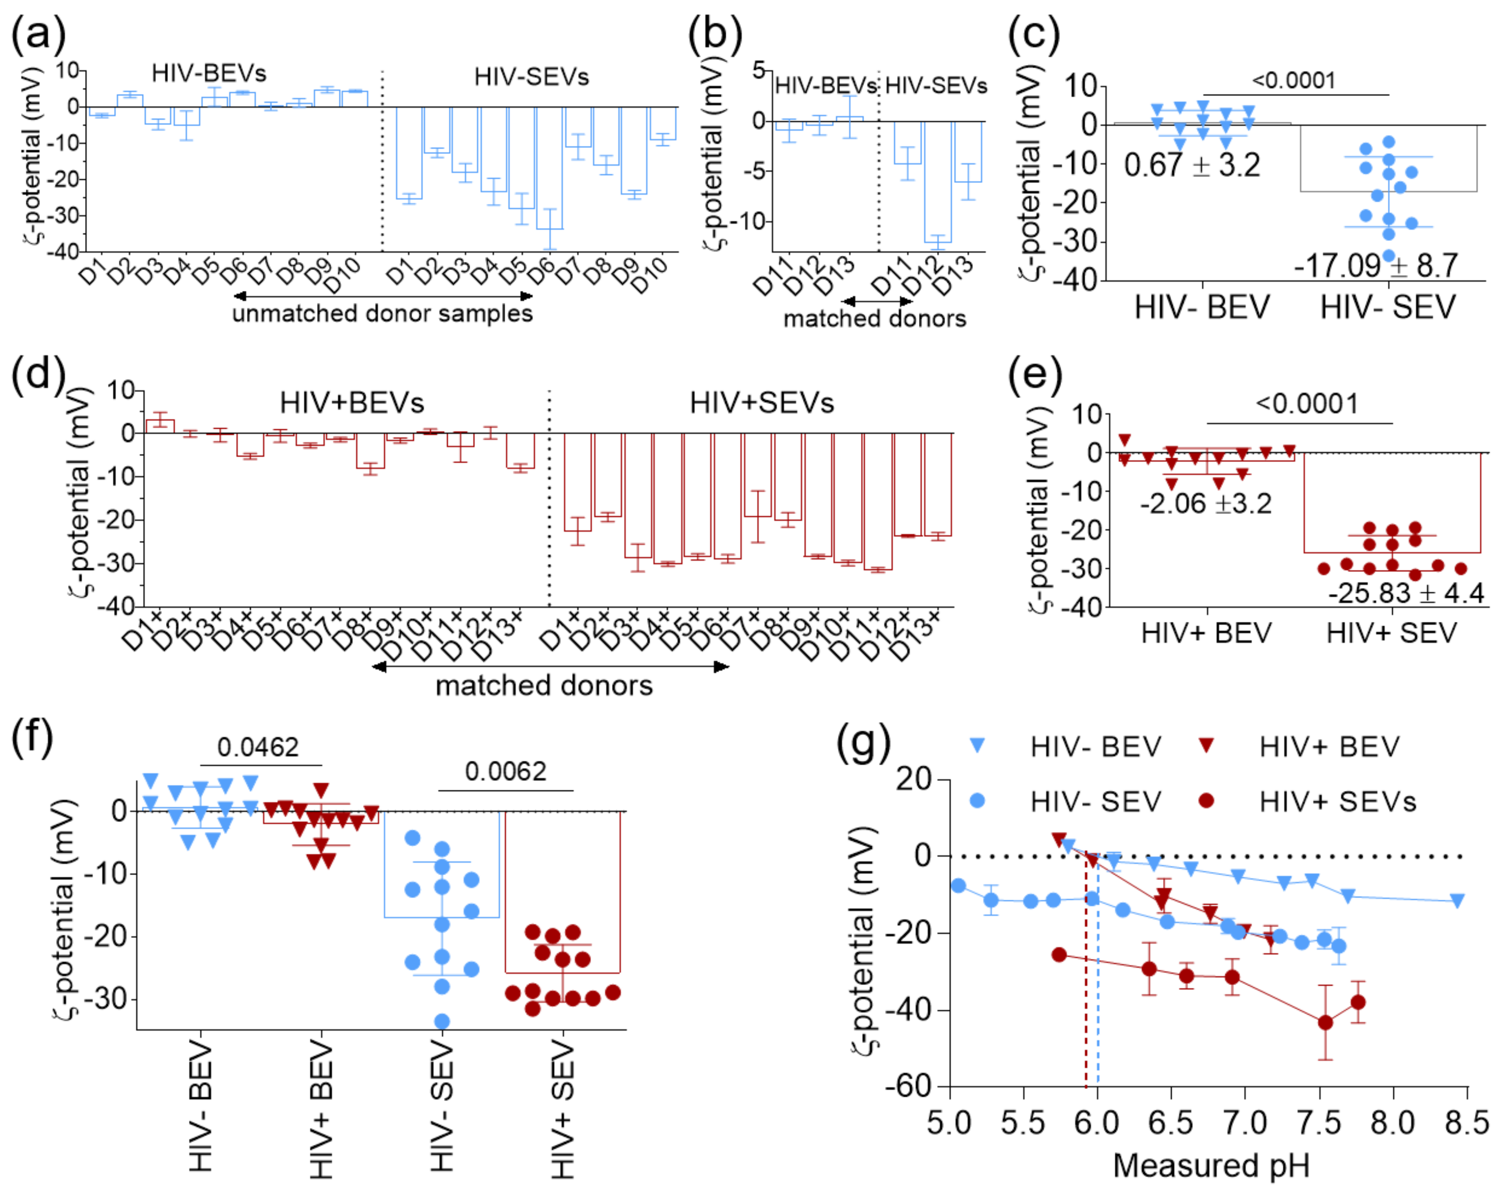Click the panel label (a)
[38, 34]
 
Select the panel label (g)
[863, 743]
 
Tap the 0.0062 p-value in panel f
[505, 771]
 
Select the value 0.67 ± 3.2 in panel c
[1192, 165]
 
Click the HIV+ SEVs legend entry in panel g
[1337, 802]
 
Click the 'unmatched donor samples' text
[382, 313]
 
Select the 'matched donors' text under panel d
[544, 686]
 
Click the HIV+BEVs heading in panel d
[352, 402]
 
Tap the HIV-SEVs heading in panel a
[531, 76]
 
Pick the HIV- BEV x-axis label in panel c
[1202, 307]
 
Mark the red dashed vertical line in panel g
[1085, 974]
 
